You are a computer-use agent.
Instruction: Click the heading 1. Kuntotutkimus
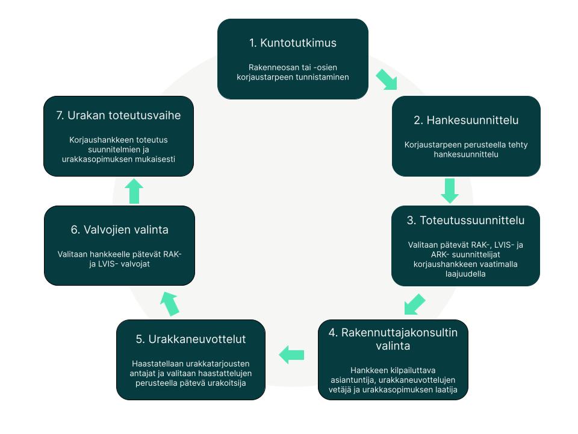pyautogui.click(x=293, y=43)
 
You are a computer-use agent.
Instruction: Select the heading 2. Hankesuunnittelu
pyautogui.click(x=466, y=121)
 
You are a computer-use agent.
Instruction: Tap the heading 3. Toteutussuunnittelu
pyautogui.click(x=465, y=221)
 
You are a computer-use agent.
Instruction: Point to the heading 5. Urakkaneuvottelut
pyautogui.click(x=191, y=339)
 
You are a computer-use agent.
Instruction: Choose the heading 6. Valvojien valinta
pyautogui.click(x=119, y=230)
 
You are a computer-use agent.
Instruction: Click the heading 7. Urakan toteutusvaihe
pyautogui.click(x=119, y=116)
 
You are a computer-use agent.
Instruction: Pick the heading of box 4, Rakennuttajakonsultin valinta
pyautogui.click(x=393, y=339)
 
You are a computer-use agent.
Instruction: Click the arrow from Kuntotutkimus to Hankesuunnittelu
pyautogui.click(x=387, y=80)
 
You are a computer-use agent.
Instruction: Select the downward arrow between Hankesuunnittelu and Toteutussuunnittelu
pyautogui.click(x=450, y=191)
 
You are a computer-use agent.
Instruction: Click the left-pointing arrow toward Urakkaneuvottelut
pyautogui.click(x=291, y=355)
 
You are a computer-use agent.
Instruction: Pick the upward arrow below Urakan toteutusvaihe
pyautogui.click(x=134, y=191)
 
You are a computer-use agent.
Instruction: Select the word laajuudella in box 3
pyautogui.click(x=465, y=274)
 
